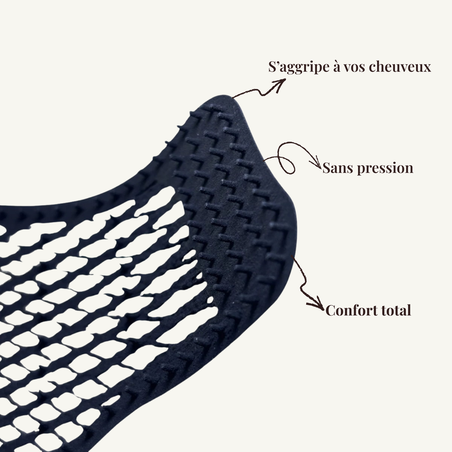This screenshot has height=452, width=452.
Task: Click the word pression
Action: (x=385, y=169)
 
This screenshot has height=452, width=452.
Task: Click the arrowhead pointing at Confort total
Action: (x=318, y=305)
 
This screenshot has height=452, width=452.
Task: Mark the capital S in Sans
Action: (x=327, y=168)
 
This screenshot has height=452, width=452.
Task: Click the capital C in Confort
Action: (x=331, y=310)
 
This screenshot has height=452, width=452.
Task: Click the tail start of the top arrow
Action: (x=233, y=98)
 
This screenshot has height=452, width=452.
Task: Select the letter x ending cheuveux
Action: (x=427, y=68)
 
